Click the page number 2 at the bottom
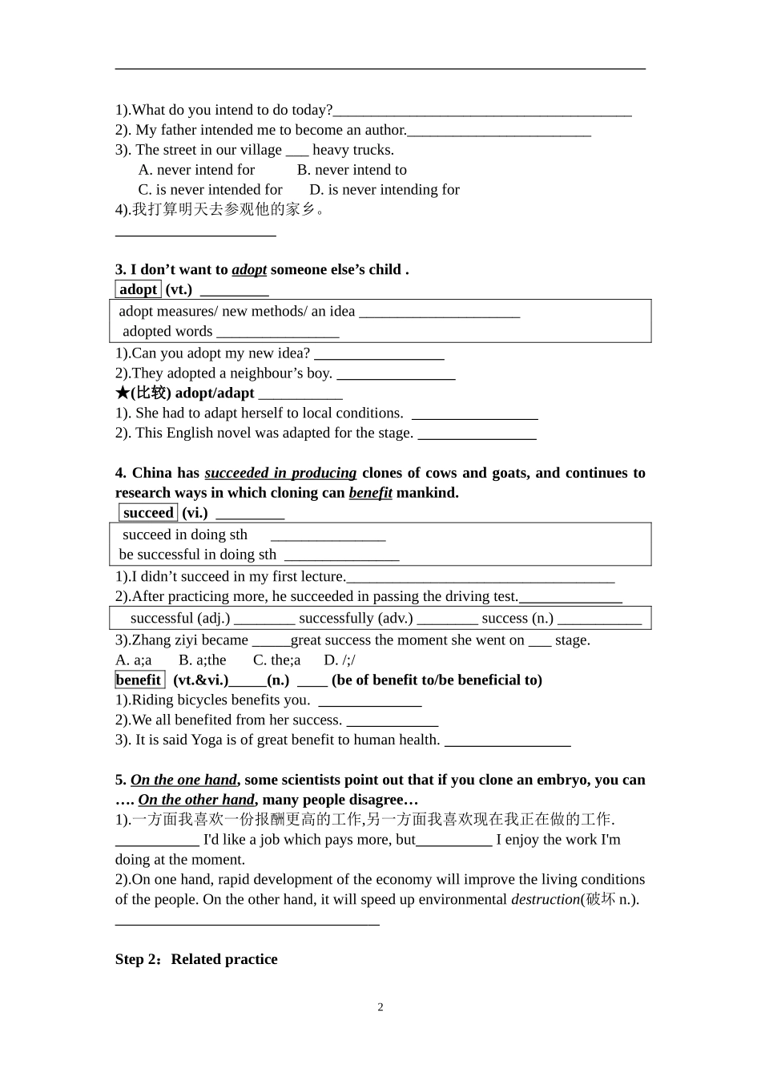[x=380, y=1007]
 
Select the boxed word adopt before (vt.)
[x=139, y=289]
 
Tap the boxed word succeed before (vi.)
[x=148, y=513]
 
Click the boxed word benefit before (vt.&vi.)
[x=139, y=680]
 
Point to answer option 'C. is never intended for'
[x=210, y=190]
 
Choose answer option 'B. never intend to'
[x=352, y=170]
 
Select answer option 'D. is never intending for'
[x=385, y=190]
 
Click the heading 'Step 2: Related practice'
[x=196, y=959]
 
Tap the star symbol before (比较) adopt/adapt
[x=122, y=393]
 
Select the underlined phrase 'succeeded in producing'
[x=280, y=473]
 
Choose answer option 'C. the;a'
[x=276, y=660]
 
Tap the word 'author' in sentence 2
[x=385, y=130]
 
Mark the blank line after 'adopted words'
[x=277, y=332]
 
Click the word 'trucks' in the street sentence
[x=372, y=150]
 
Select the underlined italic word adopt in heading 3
[x=249, y=269]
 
